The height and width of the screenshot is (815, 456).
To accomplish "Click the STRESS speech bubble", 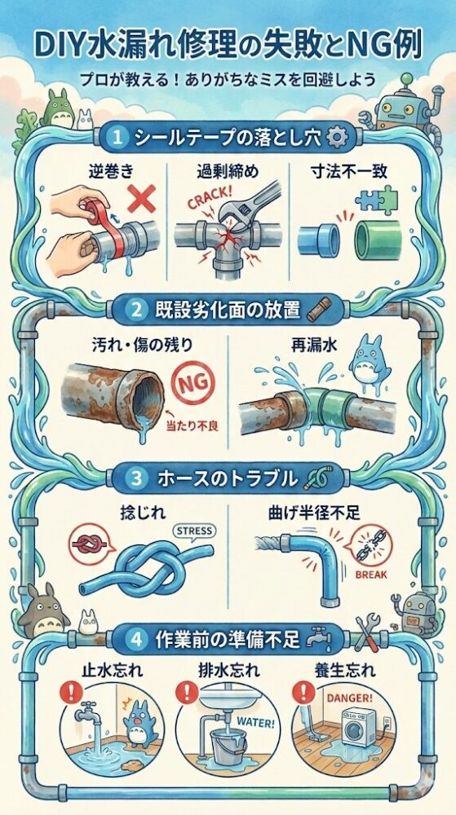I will click(194, 531).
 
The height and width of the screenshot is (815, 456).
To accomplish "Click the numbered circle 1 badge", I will click(117, 139).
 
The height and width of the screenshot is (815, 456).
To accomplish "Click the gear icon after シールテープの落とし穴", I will click(334, 139).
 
